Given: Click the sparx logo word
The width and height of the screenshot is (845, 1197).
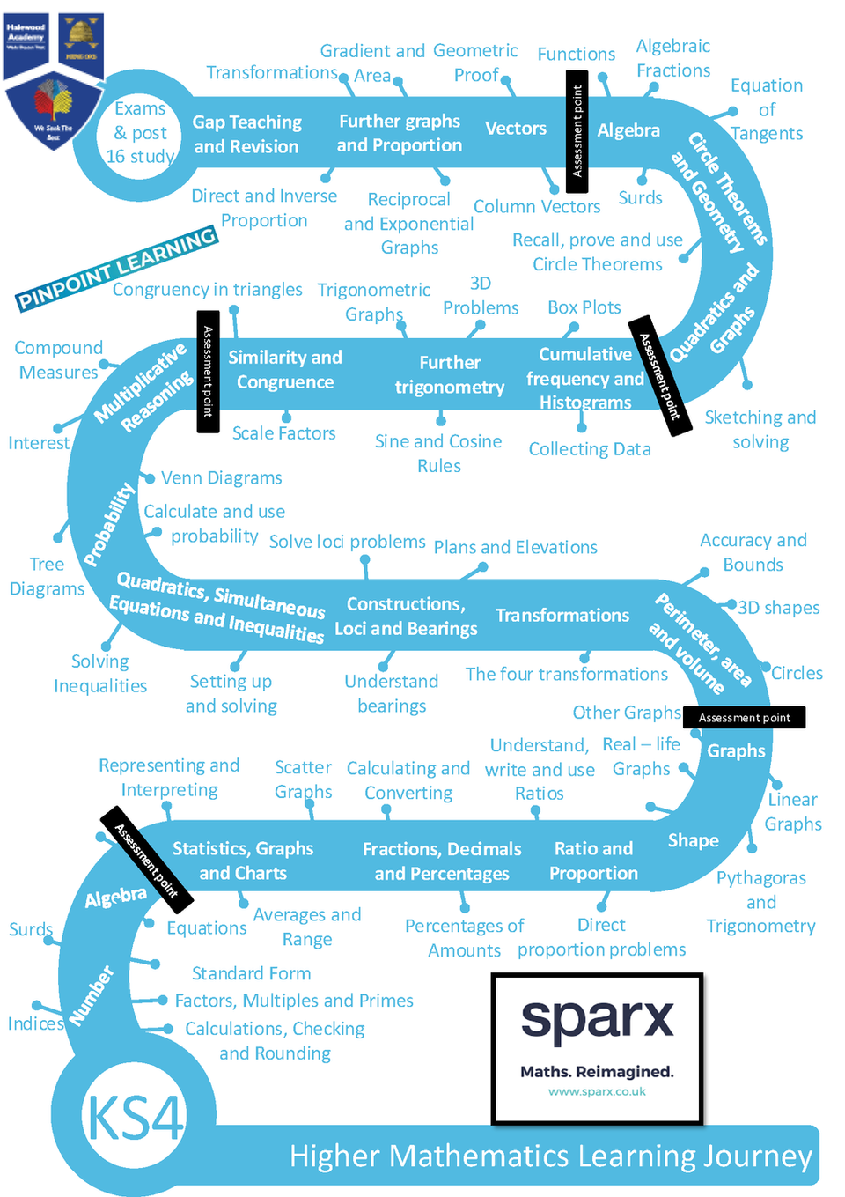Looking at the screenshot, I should [x=597, y=1020].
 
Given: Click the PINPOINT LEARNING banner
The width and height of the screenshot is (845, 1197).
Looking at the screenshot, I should [x=117, y=267].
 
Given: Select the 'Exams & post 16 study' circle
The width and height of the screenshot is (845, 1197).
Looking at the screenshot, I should [x=140, y=132].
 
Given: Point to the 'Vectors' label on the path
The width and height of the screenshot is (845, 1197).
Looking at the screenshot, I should [x=516, y=129].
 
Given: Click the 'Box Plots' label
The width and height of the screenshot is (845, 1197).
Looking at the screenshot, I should [x=584, y=307].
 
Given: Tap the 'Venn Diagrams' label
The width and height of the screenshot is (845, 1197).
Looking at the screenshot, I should [x=221, y=477].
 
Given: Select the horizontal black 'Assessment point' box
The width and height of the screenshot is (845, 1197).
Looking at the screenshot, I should [x=744, y=718].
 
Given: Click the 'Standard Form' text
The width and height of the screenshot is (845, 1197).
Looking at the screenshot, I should [x=251, y=973].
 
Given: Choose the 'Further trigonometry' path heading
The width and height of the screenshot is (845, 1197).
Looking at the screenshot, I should [x=449, y=375].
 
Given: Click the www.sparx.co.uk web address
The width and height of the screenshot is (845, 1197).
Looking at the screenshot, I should [x=597, y=1091].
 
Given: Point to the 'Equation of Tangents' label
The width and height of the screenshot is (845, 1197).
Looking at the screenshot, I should [x=767, y=109].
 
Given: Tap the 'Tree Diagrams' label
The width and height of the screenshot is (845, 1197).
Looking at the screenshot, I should [x=47, y=576].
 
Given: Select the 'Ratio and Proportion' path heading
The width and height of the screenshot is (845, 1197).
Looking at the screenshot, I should [x=593, y=861].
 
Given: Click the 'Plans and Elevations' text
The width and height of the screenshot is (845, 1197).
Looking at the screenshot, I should [x=515, y=547].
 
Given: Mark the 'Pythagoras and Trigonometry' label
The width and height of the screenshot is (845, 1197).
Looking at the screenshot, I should [x=760, y=902].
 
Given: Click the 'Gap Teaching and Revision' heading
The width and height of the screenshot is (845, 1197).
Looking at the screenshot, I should [x=246, y=134].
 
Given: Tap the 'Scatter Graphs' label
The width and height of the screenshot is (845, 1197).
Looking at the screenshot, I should [x=303, y=780].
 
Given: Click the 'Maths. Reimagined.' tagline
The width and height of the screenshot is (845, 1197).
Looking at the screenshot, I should [x=597, y=1071].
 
